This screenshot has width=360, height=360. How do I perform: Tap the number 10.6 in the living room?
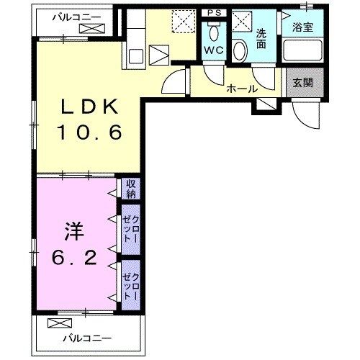point(88,133)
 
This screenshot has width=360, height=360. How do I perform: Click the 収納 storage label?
point(130,189)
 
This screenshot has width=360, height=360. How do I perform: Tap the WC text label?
point(214,50)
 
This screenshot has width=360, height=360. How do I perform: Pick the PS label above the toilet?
point(213,12)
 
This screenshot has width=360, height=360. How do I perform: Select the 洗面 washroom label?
point(262,37)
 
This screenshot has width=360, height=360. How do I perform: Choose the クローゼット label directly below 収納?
point(130,228)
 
